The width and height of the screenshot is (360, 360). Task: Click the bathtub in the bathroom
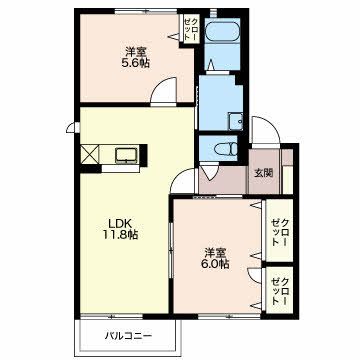(222, 31)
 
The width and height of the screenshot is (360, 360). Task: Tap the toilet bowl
(226, 149)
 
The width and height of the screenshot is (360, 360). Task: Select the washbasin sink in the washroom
(235, 121)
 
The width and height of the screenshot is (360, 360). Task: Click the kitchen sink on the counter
(126, 156)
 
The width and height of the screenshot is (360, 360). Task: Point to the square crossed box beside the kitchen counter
(90, 154)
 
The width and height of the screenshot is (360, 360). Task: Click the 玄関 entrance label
(264, 173)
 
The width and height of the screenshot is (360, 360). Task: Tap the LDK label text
(120, 223)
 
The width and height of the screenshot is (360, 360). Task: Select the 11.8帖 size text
(120, 235)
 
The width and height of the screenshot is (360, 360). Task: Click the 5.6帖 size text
(135, 63)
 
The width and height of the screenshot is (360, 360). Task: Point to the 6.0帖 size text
(214, 264)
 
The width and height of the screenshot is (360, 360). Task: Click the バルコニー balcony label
(129, 336)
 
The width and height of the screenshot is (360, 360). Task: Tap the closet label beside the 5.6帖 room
(191, 29)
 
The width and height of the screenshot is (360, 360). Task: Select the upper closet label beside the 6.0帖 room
(279, 232)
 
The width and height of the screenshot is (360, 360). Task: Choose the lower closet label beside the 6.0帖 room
(279, 291)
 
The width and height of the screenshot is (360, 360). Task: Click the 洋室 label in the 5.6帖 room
(135, 52)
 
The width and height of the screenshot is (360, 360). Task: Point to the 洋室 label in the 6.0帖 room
(214, 252)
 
